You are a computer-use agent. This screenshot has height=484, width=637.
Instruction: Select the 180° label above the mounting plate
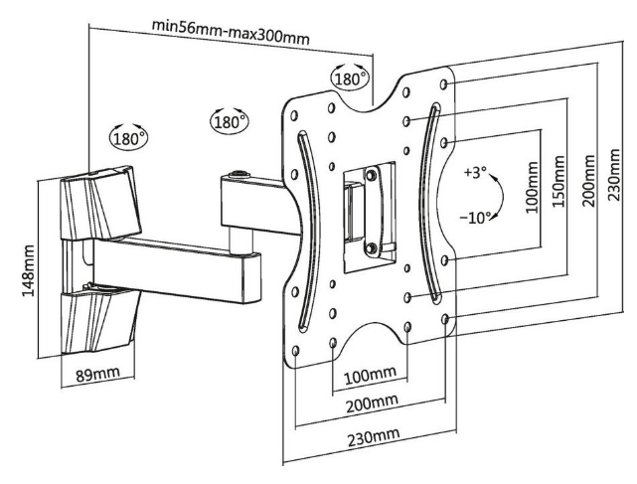[349, 78]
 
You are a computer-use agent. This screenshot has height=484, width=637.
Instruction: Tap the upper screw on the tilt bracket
[371, 175]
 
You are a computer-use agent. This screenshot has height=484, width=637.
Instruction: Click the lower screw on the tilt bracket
[370, 248]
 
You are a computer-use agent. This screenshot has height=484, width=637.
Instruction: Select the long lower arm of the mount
[179, 270]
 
